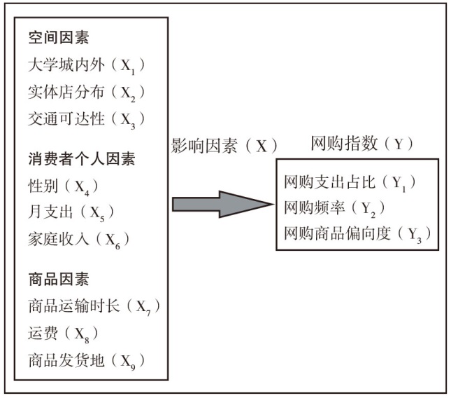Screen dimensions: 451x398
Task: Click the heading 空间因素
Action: (x=59, y=37)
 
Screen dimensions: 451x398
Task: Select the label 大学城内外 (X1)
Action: (x=86, y=65)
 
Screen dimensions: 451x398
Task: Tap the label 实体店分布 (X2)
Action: (x=86, y=92)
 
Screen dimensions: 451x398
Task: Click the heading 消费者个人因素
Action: (x=82, y=159)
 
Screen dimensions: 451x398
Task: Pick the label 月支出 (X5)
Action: (x=71, y=213)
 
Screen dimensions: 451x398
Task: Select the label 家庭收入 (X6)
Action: (x=78, y=240)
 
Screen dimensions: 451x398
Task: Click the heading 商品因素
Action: (x=59, y=280)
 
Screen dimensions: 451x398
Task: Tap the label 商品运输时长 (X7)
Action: (x=94, y=307)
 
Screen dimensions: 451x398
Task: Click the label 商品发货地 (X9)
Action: (x=86, y=361)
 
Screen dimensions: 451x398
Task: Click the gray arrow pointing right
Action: (x=222, y=205)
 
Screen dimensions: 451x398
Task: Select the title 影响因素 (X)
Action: (x=224, y=146)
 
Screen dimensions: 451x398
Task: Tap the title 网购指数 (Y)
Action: (x=362, y=144)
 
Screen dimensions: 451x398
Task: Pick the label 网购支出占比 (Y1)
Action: (x=350, y=183)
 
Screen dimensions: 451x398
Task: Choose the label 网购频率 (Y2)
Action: (x=334, y=208)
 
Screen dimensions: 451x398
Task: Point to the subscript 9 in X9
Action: (x=133, y=367)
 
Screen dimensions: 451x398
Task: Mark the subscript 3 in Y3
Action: (x=419, y=240)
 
